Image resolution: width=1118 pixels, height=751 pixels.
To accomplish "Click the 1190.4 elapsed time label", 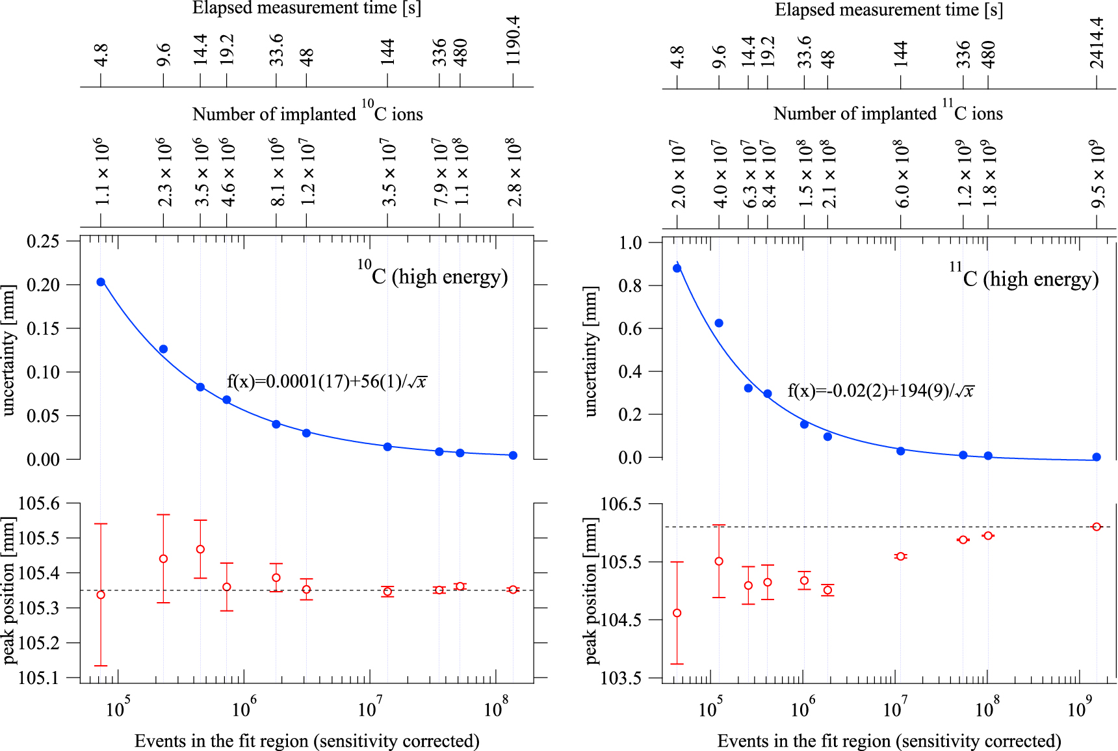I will [513, 40].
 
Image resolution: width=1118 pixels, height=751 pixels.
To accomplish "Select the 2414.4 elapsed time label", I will [1097, 42].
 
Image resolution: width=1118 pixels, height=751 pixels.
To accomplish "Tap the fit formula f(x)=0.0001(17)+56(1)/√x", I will [327, 382].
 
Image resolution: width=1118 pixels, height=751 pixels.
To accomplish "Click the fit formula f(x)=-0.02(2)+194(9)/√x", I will [881, 391].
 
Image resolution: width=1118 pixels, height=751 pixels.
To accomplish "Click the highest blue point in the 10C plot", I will [101, 282].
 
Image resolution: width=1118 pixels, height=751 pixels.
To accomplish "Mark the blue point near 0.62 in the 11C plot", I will [719, 323].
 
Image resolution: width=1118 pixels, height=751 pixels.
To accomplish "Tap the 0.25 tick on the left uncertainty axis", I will [43, 241].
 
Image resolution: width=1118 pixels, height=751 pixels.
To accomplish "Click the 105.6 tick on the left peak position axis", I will [38, 503].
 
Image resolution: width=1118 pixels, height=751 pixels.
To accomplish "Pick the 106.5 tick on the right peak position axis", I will [620, 505].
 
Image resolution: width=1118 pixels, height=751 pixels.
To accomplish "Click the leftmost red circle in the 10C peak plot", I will [101, 595].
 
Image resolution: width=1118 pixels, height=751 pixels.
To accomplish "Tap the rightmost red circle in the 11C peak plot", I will [1097, 527].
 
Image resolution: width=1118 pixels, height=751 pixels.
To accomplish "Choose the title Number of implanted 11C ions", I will [888, 112].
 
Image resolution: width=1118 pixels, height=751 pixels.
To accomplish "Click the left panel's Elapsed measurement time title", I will [307, 8].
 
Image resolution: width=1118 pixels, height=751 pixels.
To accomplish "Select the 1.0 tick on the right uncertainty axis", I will [630, 243].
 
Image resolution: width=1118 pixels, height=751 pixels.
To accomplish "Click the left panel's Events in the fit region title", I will [307, 741].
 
